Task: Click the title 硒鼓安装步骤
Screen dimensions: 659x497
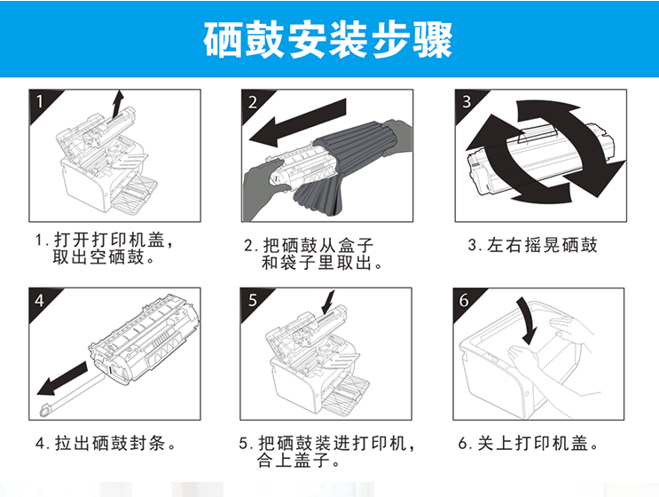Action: [x=328, y=40]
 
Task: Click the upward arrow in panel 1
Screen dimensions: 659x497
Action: [x=118, y=104]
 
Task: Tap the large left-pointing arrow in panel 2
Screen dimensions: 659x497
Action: [x=297, y=122]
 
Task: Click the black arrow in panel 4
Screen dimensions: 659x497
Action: [x=62, y=379]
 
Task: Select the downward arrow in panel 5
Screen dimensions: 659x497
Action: [x=328, y=303]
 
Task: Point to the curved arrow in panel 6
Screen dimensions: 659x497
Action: [x=528, y=320]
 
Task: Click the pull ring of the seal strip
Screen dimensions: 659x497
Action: [x=45, y=409]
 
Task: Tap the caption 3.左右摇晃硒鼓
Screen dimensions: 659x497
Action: [x=532, y=245]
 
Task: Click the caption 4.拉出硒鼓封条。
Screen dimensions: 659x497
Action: [x=106, y=443]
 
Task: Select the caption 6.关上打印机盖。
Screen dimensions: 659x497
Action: [x=529, y=443]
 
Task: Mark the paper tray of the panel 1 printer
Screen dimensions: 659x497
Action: [x=135, y=192]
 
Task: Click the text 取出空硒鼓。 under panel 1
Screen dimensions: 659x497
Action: [x=104, y=257]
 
